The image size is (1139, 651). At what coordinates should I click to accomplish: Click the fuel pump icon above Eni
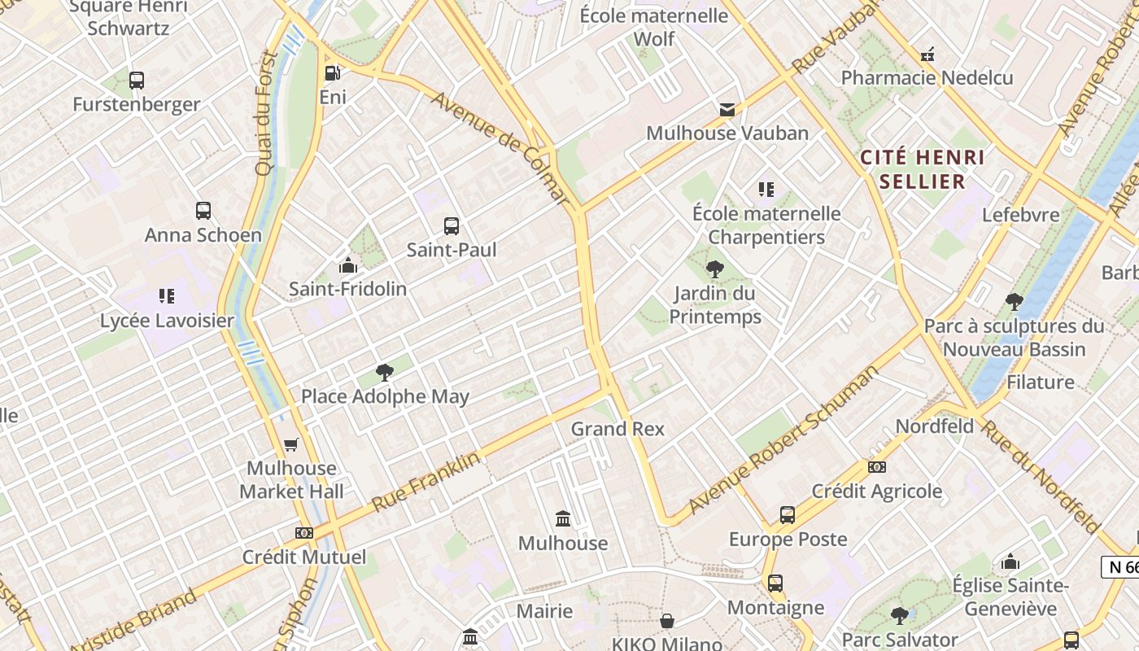[332, 73]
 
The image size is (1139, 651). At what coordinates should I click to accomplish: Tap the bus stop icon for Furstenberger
[137, 81]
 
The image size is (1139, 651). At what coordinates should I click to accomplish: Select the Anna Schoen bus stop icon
[203, 211]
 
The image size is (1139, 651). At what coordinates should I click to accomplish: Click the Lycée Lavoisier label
[167, 321]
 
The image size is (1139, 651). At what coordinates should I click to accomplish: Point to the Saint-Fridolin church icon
[348, 265]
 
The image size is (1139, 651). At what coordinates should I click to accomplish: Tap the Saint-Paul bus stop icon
[452, 226]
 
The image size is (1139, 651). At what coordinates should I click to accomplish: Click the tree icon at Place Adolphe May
[385, 373]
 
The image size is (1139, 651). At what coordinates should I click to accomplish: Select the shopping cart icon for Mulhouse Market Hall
[291, 444]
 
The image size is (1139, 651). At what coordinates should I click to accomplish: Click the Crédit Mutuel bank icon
[304, 533]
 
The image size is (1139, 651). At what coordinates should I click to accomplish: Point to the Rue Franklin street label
[425, 482]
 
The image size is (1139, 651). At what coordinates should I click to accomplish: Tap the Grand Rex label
[618, 429]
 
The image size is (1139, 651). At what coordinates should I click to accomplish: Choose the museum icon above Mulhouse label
[563, 518]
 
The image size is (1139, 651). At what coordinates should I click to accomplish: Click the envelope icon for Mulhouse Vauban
[727, 110]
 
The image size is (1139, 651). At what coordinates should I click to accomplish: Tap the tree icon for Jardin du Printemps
[715, 269]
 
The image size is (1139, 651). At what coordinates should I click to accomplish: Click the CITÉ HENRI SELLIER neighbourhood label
[922, 168]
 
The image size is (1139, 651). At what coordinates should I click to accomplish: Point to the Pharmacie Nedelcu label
[927, 78]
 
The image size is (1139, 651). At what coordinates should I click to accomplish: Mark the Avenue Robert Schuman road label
[783, 440]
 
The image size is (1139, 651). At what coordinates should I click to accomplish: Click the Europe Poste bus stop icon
[788, 515]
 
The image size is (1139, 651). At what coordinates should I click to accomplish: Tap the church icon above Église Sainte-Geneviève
[1010, 561]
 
